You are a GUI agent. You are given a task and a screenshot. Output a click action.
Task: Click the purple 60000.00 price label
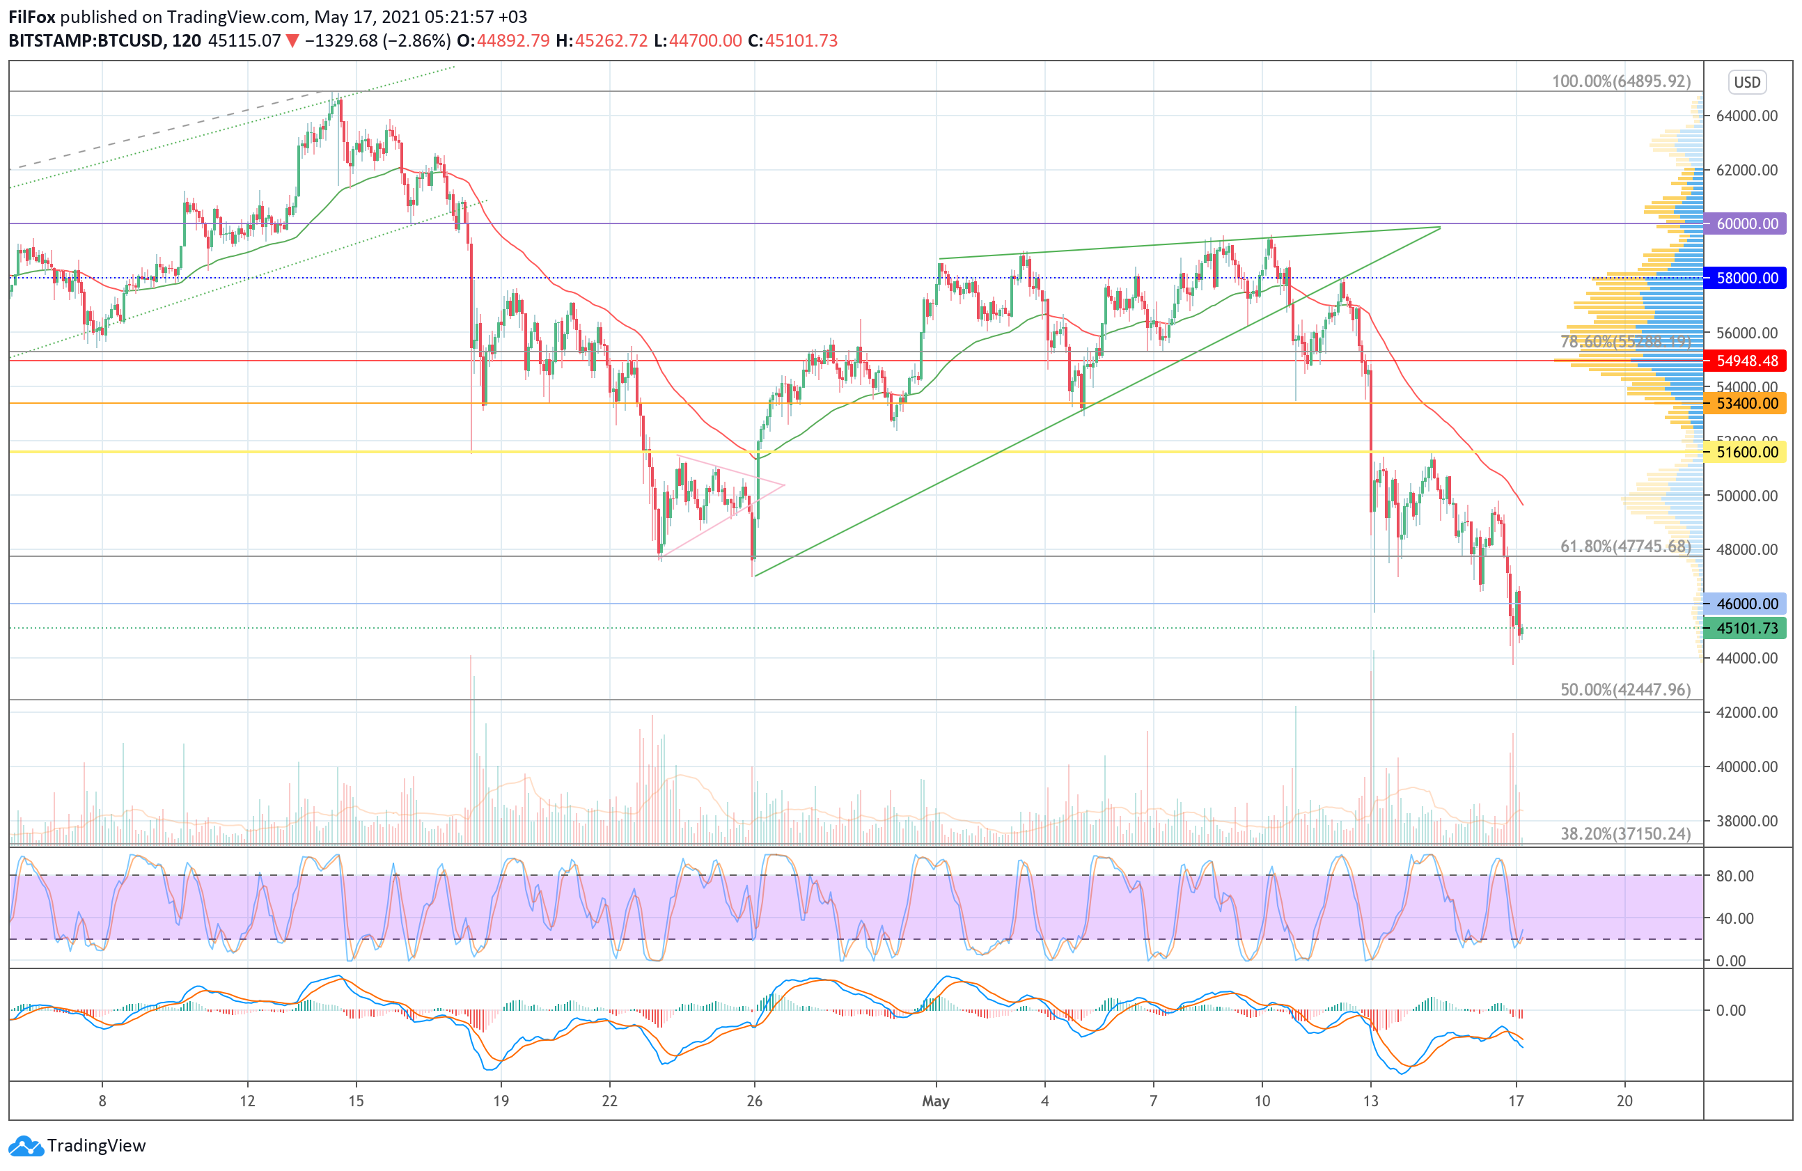(1747, 223)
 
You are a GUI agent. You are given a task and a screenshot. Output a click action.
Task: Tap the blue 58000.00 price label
(1747, 278)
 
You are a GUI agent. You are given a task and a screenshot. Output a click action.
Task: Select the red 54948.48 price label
(1747, 361)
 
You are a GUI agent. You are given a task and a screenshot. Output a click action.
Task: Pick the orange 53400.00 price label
(1747, 404)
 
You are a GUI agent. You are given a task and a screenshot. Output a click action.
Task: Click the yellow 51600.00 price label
(1747, 452)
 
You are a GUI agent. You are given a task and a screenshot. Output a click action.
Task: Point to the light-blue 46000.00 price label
(1747, 604)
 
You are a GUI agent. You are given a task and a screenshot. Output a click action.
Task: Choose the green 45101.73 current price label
(1747, 628)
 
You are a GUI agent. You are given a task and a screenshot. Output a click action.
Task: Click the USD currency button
(1747, 81)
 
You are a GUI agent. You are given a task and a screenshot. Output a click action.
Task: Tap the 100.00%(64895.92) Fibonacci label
(1620, 81)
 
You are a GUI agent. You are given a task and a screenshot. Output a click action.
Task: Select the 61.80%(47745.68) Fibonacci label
(1625, 547)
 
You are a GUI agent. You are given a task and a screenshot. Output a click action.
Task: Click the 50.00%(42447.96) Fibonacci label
(1625, 689)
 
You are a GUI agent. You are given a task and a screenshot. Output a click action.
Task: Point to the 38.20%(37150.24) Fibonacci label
(1625, 833)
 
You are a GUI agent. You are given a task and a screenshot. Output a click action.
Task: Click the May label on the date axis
(936, 1101)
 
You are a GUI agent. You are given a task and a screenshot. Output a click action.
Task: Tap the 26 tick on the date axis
(754, 1101)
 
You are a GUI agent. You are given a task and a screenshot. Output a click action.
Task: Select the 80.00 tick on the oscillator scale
(1734, 876)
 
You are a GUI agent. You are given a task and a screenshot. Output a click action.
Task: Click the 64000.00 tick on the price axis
(1747, 116)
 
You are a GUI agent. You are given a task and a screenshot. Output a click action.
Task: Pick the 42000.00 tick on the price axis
(1747, 712)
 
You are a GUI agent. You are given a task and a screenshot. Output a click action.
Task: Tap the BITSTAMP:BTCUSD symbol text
(86, 41)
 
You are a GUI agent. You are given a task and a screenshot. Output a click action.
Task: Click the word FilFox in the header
(32, 17)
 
